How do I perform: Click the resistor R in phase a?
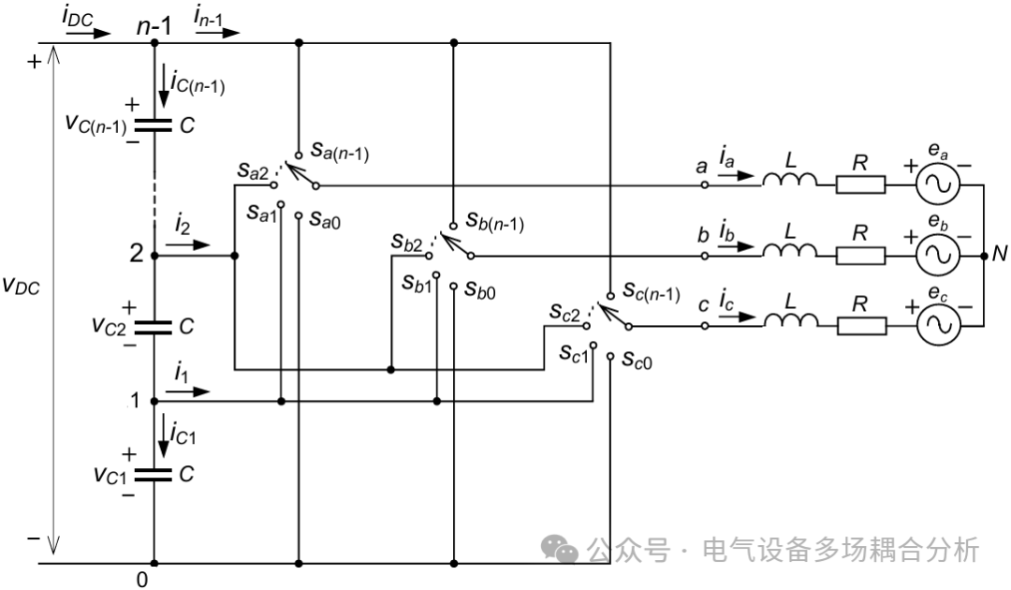[x=859, y=184]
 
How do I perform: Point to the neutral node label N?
[x=1000, y=254]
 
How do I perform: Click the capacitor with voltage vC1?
[x=153, y=474]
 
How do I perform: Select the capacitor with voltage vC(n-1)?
[x=153, y=123]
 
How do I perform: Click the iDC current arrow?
[x=88, y=32]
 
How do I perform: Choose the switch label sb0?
[x=476, y=290]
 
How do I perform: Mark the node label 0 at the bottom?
[x=142, y=580]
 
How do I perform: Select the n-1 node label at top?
[x=154, y=26]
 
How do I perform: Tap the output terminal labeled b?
[x=702, y=236]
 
